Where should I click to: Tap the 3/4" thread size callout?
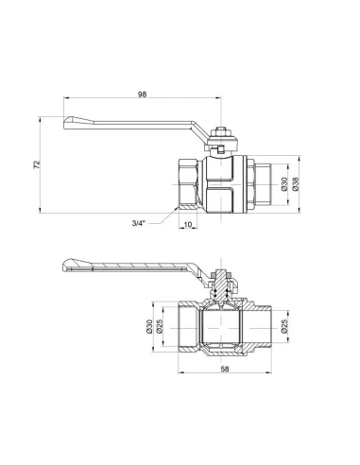[x=139, y=223]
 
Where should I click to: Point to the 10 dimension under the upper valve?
[x=188, y=224]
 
